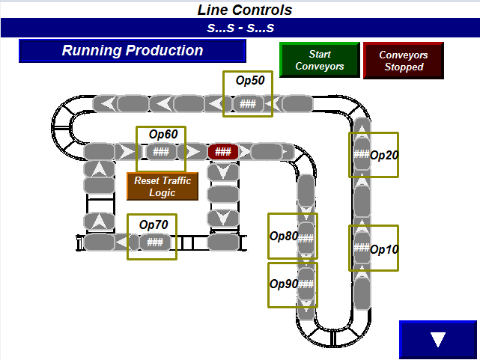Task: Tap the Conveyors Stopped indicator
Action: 404,61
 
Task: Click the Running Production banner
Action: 133,51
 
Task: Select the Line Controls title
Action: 245,10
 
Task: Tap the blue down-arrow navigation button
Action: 438,339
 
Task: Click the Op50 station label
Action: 250,81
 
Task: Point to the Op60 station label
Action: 163,134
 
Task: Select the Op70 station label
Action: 154,225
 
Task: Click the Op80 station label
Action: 283,236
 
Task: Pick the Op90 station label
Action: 283,284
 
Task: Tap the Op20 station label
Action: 385,156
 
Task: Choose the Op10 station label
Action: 385,249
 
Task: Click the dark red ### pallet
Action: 222,152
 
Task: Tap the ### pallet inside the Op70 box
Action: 155,242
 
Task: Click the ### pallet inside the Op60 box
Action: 160,152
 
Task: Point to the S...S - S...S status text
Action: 240,28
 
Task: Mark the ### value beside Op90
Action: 306,284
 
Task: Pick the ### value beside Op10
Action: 361,248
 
